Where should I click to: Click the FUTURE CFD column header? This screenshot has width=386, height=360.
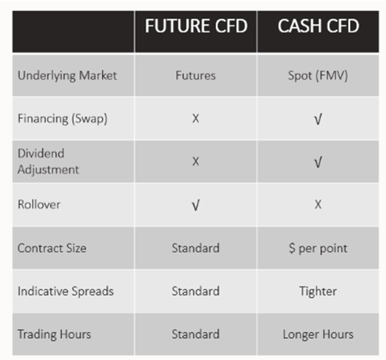pyautogui.click(x=196, y=26)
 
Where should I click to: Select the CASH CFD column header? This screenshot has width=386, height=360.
pyautogui.click(x=318, y=26)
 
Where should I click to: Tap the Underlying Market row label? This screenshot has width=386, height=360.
pyautogui.click(x=67, y=76)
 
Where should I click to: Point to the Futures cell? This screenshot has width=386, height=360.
pyautogui.click(x=196, y=75)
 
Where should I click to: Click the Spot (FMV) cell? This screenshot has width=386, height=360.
pyautogui.click(x=318, y=76)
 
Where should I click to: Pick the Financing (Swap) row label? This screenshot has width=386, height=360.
pyautogui.click(x=63, y=119)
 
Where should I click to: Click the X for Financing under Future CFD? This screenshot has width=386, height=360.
pyautogui.click(x=196, y=118)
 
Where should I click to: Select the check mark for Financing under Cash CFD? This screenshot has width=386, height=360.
pyautogui.click(x=318, y=119)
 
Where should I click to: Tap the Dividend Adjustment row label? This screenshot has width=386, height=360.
pyautogui.click(x=48, y=162)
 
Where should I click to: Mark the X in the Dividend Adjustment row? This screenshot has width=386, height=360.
pyautogui.click(x=196, y=162)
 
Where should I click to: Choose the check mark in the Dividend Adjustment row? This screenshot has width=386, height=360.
pyautogui.click(x=318, y=162)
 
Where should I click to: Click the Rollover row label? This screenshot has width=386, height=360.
pyautogui.click(x=39, y=204)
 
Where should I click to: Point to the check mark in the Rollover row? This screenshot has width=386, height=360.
pyautogui.click(x=196, y=205)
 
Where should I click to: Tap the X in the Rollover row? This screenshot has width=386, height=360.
pyautogui.click(x=318, y=204)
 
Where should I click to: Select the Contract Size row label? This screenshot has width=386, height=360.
pyautogui.click(x=52, y=248)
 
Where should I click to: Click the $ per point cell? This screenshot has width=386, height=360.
pyautogui.click(x=318, y=249)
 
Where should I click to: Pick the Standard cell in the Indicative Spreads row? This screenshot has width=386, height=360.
pyautogui.click(x=196, y=291)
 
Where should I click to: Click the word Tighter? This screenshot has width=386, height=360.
pyautogui.click(x=318, y=292)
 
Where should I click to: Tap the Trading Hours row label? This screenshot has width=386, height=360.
pyautogui.click(x=54, y=335)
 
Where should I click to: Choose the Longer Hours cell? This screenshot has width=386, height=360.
pyautogui.click(x=318, y=335)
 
